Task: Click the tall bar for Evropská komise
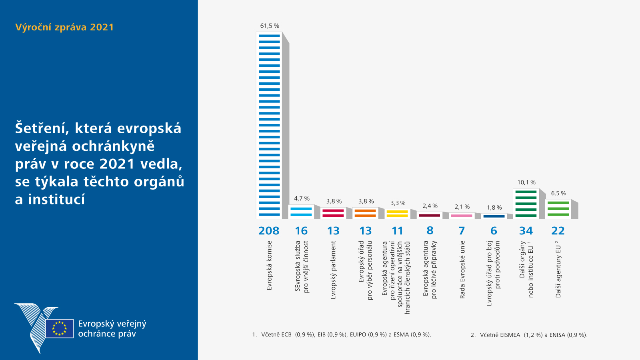(269, 125)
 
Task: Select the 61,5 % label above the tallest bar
(270, 26)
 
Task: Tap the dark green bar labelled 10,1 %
(526, 204)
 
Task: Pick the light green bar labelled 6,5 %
(558, 209)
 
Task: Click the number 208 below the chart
(269, 231)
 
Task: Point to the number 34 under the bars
(526, 231)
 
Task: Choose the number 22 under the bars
(558, 231)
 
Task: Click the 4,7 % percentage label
(302, 198)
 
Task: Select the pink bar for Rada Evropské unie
(462, 216)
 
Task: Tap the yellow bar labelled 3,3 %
(397, 214)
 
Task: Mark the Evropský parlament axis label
(333, 270)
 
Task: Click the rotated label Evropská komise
(269, 265)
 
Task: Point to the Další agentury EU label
(558, 269)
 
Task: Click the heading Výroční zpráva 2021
(64, 27)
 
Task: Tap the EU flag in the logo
(59, 328)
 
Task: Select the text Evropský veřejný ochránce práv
(112, 329)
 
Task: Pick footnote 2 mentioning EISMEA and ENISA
(529, 335)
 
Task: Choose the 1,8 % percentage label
(494, 208)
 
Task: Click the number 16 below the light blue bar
(301, 231)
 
